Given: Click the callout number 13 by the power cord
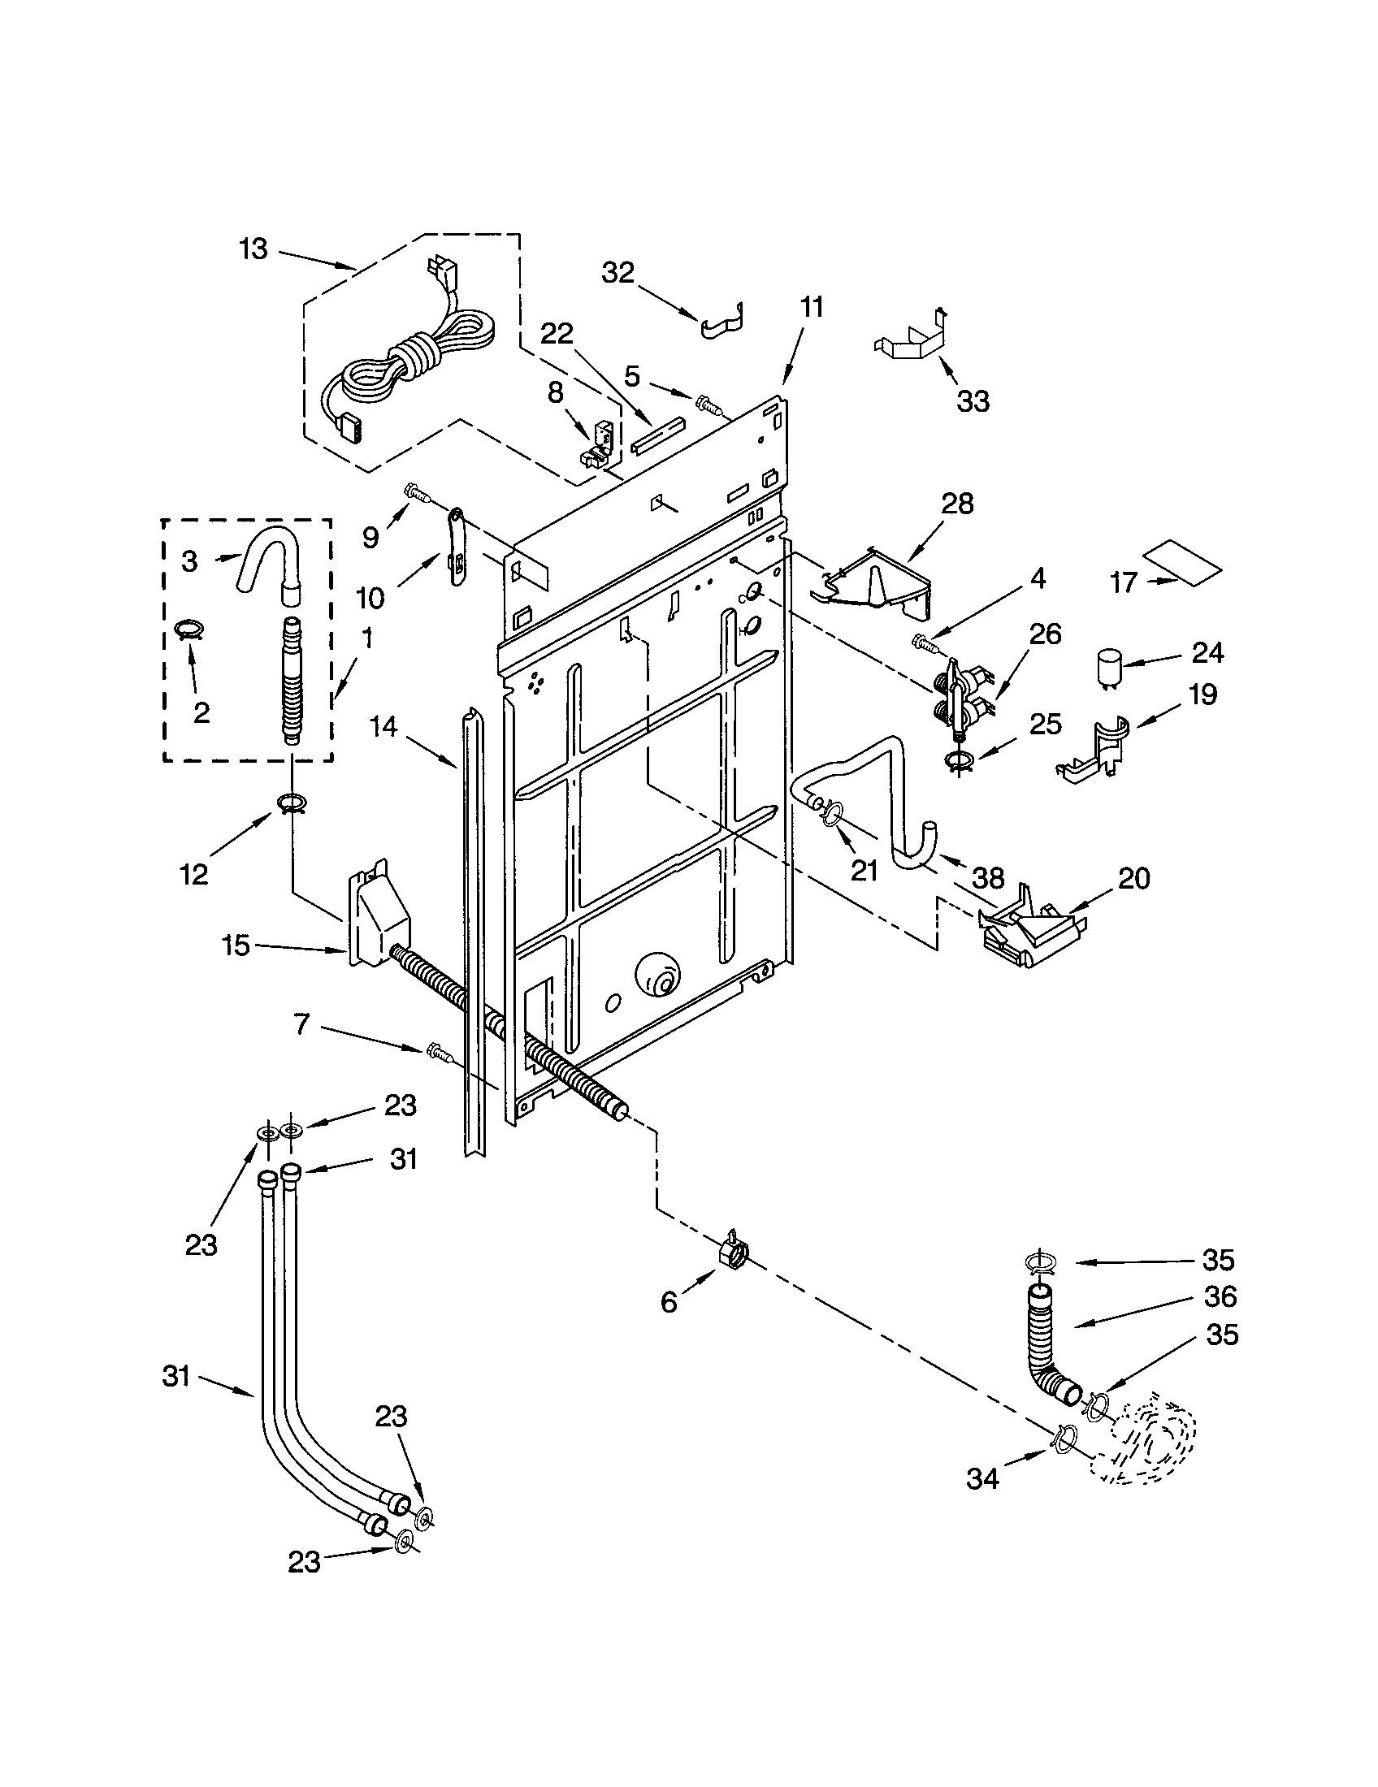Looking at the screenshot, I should point(253,249).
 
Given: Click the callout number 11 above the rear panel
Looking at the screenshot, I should point(811,309).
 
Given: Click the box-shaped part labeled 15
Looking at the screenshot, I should point(379,915).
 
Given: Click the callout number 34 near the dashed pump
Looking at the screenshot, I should point(982,1478).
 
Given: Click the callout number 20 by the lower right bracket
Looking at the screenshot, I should point(1134,879).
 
